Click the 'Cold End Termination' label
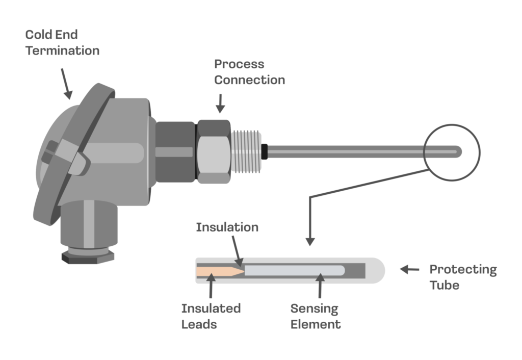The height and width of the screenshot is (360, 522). click(x=62, y=43)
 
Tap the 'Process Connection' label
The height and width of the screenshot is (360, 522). click(x=249, y=72)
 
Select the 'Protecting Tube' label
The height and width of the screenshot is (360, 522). click(x=462, y=277)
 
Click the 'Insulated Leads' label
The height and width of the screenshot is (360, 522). click(x=211, y=316)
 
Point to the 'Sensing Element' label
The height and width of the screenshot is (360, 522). click(x=316, y=316)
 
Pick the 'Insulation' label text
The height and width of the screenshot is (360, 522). click(x=227, y=227)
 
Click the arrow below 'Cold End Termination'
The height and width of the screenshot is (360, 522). click(x=66, y=83)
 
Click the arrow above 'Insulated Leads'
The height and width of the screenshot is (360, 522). click(x=211, y=288)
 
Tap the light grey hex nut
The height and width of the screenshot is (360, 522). click(x=213, y=151)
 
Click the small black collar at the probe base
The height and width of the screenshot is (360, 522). click(x=264, y=151)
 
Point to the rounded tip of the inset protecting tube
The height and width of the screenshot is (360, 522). click(x=378, y=269)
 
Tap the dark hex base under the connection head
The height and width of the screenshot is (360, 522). click(x=87, y=256)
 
